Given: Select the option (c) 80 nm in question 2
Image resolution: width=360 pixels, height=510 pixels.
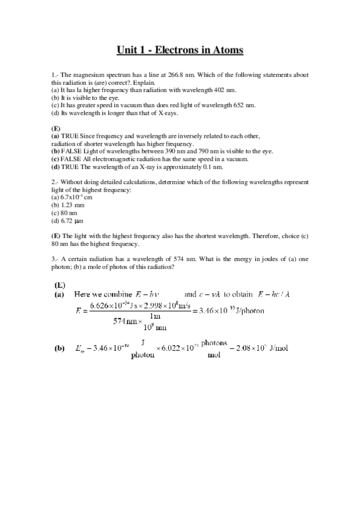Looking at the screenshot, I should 64,212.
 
